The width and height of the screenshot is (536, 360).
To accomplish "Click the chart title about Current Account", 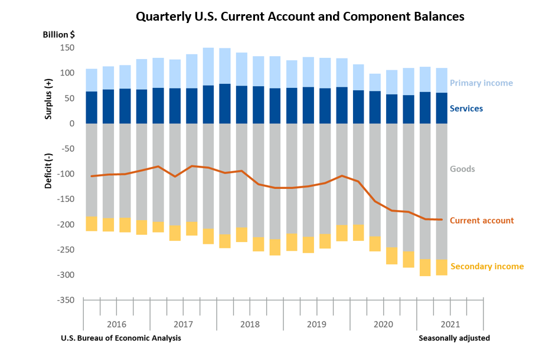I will (300, 17).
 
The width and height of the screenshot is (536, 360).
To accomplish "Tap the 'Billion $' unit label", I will (58, 34).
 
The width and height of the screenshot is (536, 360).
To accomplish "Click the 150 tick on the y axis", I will (67, 48).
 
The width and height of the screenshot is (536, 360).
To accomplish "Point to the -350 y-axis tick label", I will (65, 300).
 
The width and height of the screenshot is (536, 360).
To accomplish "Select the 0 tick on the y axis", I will (71, 123).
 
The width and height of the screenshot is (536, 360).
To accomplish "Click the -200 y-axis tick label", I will (65, 225).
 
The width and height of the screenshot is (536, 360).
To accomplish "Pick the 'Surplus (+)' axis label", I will (48, 98).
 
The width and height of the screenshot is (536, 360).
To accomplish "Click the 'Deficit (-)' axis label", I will (48, 170).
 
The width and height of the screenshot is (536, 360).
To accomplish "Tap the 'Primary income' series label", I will (481, 83).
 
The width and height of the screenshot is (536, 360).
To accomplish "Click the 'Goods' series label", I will (462, 169).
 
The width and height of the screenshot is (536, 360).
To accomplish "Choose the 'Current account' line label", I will (482, 221).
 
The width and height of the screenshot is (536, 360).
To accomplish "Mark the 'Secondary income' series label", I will (487, 267).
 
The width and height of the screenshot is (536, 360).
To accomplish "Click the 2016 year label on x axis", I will (116, 324).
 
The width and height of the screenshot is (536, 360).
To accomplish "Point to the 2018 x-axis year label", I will (250, 324).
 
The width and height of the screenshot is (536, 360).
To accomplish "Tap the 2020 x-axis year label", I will (383, 324).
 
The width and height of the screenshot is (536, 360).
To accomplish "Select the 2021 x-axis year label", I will (450, 324).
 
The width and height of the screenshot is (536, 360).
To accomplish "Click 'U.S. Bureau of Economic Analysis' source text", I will (121, 338).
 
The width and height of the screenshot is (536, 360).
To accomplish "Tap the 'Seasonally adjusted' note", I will (454, 338).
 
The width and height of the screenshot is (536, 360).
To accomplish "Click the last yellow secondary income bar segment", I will (441, 267).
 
